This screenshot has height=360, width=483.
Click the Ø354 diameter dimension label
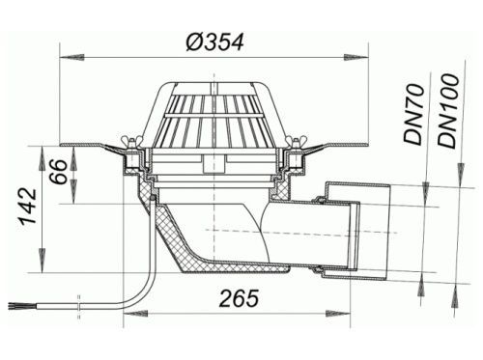(214, 42)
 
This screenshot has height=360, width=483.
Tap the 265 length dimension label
(239, 298)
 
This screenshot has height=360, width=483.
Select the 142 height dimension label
(28, 206)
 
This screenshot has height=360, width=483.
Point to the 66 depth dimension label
(59, 172)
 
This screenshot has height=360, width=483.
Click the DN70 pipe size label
(413, 114)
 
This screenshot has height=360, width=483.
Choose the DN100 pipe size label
(448, 111)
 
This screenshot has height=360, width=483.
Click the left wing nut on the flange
(128, 142)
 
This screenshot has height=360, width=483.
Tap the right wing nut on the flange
(292, 142)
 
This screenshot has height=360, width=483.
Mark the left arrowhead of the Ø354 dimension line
(72, 58)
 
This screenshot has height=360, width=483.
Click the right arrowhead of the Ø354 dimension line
(356, 58)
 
